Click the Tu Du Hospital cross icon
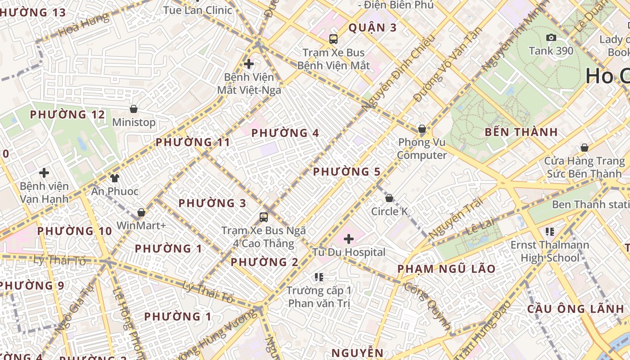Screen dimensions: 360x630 (348, 239)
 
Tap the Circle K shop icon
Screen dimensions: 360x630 (389, 198)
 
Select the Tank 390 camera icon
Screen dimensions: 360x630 (551, 38)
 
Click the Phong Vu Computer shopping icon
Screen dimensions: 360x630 (422, 129)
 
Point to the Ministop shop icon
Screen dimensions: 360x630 (134, 109)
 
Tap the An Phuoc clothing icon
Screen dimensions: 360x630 (114, 178)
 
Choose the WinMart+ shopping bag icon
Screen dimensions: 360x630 (141, 212)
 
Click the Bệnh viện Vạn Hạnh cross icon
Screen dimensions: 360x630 (44, 173)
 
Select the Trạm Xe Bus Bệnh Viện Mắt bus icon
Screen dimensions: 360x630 (333, 39)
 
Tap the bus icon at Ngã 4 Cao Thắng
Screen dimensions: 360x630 (264, 217)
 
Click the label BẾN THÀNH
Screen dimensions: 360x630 (522, 132)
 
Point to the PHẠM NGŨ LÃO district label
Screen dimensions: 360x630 (446, 269)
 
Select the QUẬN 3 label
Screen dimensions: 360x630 (373, 28)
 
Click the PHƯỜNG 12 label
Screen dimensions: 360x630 (67, 115)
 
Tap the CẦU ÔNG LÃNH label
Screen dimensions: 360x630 (576, 309)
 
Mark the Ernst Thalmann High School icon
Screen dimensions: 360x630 (549, 232)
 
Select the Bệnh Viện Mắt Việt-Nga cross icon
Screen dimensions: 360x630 (249, 64)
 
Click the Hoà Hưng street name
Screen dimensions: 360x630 (84, 25)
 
